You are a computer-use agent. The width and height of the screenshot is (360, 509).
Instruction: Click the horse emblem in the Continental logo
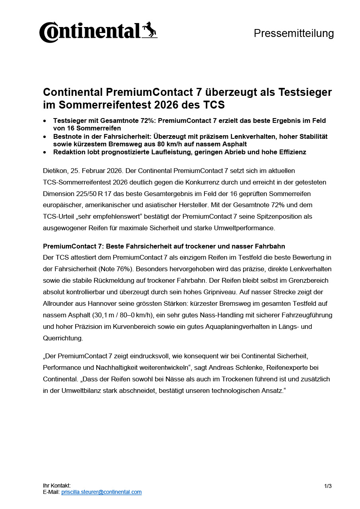[150, 30]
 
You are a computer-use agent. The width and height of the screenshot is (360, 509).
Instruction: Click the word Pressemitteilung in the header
[294, 33]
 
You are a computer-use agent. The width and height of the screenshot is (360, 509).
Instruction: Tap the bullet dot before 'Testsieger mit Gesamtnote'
[45, 120]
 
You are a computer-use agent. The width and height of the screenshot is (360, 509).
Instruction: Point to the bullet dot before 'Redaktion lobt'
[45, 152]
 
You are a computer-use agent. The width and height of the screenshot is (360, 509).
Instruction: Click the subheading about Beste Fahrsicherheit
[164, 247]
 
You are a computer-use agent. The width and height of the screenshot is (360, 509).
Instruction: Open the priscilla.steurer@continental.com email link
[101, 492]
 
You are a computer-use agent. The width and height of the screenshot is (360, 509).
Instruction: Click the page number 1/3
[328, 486]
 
